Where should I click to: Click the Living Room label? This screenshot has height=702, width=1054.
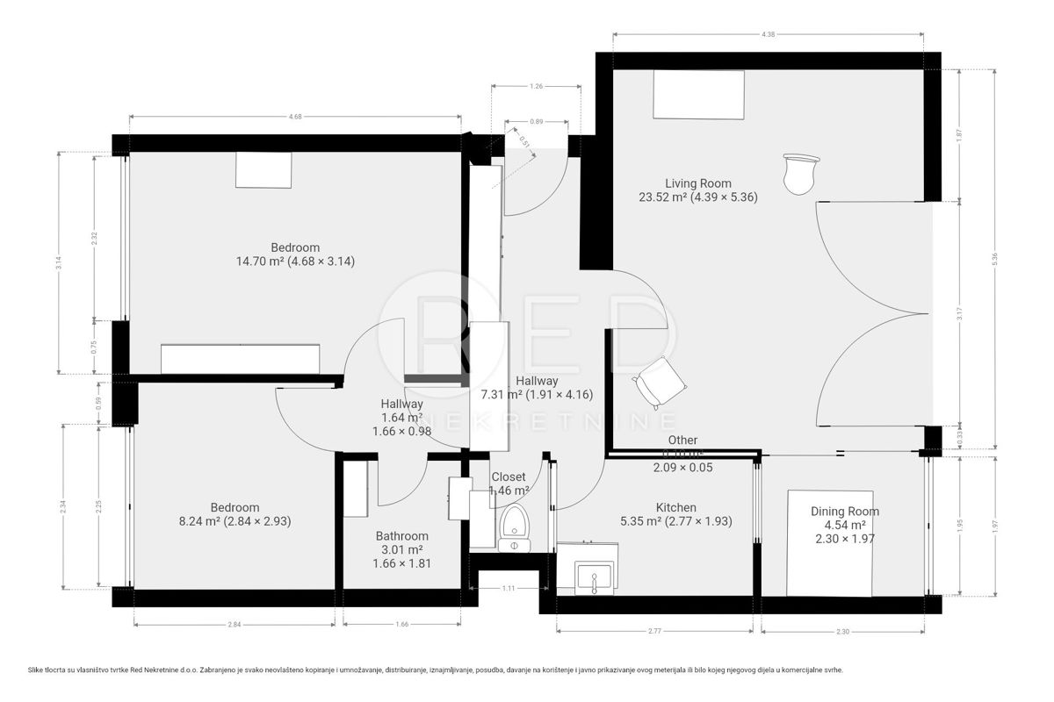[x=697, y=183]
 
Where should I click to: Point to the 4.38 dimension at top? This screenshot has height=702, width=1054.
[x=768, y=33]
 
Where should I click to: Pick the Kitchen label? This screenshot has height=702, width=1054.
[x=675, y=507]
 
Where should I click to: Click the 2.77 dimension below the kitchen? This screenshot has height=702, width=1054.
[x=654, y=631]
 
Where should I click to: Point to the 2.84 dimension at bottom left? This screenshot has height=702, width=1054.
[x=234, y=624]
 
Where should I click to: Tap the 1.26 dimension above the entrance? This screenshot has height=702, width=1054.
[x=535, y=86]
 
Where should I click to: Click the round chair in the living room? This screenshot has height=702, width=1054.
[x=800, y=173]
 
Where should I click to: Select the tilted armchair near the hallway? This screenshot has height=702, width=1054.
[x=660, y=381]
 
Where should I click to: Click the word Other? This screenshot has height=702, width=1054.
[x=682, y=440]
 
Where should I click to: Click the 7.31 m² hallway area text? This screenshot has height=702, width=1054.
[x=537, y=395]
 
